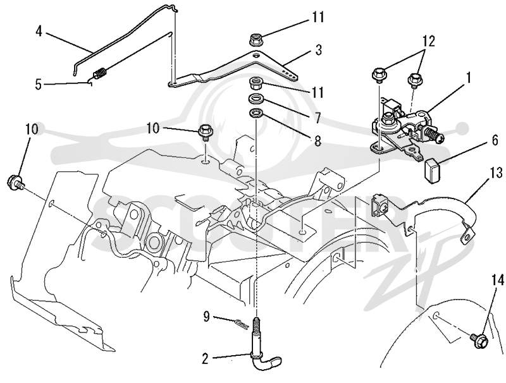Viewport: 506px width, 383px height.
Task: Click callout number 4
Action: click(39, 32)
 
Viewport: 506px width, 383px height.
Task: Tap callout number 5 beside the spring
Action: click(39, 85)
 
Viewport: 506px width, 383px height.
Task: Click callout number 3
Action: click(318, 51)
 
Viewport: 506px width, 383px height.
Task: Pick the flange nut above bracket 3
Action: click(256, 40)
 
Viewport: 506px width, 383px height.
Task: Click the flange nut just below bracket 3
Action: click(256, 84)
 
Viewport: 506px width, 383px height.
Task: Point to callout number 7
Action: click(318, 118)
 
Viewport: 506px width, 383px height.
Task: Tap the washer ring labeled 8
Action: click(256, 114)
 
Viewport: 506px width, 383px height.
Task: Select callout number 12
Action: click(428, 41)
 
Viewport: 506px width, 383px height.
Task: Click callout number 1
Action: click(467, 78)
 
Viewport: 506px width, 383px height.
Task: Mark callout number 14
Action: click(497, 281)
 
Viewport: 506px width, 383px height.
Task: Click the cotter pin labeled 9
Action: click(241, 324)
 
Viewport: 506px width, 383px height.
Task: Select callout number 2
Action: click(205, 359)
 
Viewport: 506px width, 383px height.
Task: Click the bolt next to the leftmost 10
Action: click(15, 181)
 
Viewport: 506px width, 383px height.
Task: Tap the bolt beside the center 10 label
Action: click(204, 131)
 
